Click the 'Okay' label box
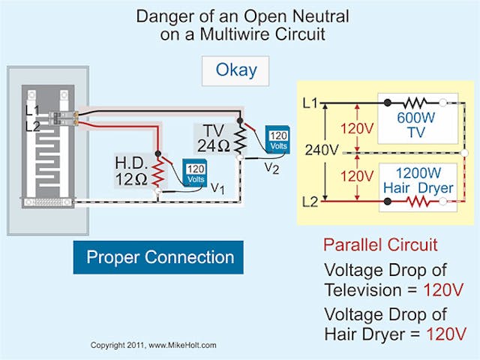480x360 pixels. (x=236, y=70)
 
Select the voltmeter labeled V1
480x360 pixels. (x=196, y=173)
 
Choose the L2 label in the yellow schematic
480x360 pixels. (x=310, y=202)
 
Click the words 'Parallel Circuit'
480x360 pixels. (x=380, y=245)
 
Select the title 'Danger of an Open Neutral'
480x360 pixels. (x=239, y=16)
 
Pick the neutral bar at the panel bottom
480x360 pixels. (x=48, y=202)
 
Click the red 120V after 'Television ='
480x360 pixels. (x=445, y=289)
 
